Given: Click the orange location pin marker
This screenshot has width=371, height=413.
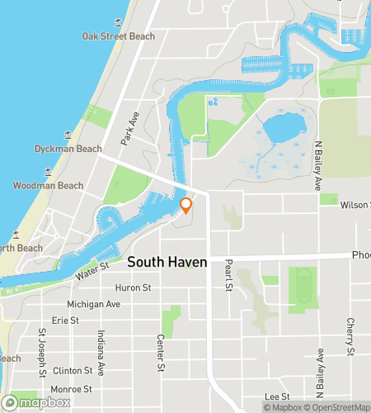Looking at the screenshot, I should point(186,206).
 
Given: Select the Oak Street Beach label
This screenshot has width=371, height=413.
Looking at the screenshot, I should point(119,36).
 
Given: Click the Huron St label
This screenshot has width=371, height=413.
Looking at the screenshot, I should point(134,287).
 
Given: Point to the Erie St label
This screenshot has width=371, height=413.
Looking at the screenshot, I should point(64,320).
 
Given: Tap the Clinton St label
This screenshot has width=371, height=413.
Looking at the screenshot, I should point(72,371).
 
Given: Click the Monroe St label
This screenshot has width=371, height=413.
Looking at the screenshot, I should point(72,388).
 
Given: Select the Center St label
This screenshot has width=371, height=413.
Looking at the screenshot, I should point(162,353).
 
